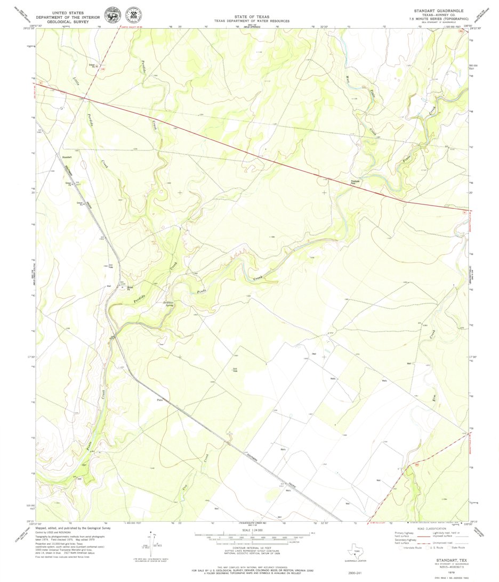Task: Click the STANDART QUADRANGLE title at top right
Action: (x=438, y=11)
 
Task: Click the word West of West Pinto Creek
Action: (x=348, y=80)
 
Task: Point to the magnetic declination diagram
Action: (x=152, y=543)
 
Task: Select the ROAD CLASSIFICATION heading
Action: (x=430, y=528)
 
